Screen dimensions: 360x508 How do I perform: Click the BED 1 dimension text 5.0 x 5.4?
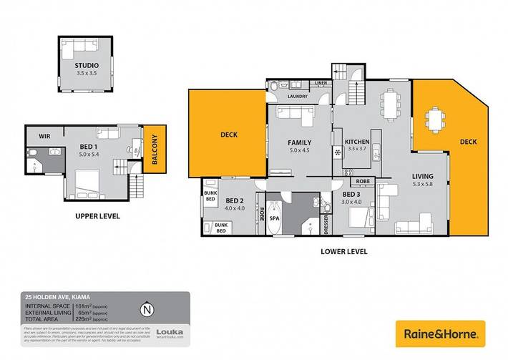(x=92, y=154)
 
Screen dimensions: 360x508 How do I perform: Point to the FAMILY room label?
(x=300, y=142)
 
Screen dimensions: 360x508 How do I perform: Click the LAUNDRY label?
(x=297, y=96)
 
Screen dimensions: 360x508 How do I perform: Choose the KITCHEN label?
(x=356, y=141)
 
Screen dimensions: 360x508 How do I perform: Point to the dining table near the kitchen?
(x=390, y=104)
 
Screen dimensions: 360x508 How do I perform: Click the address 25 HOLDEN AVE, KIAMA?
(x=53, y=297)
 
